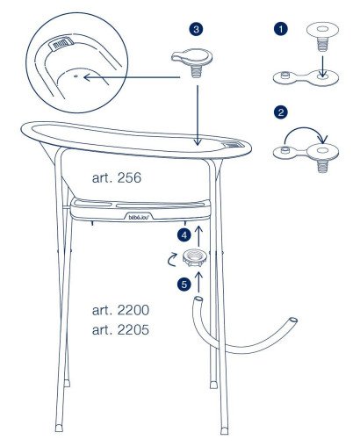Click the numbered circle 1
point(280,29)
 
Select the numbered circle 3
point(195,29)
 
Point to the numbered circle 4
point(184,235)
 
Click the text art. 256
point(117,177)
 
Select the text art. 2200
point(122,312)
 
